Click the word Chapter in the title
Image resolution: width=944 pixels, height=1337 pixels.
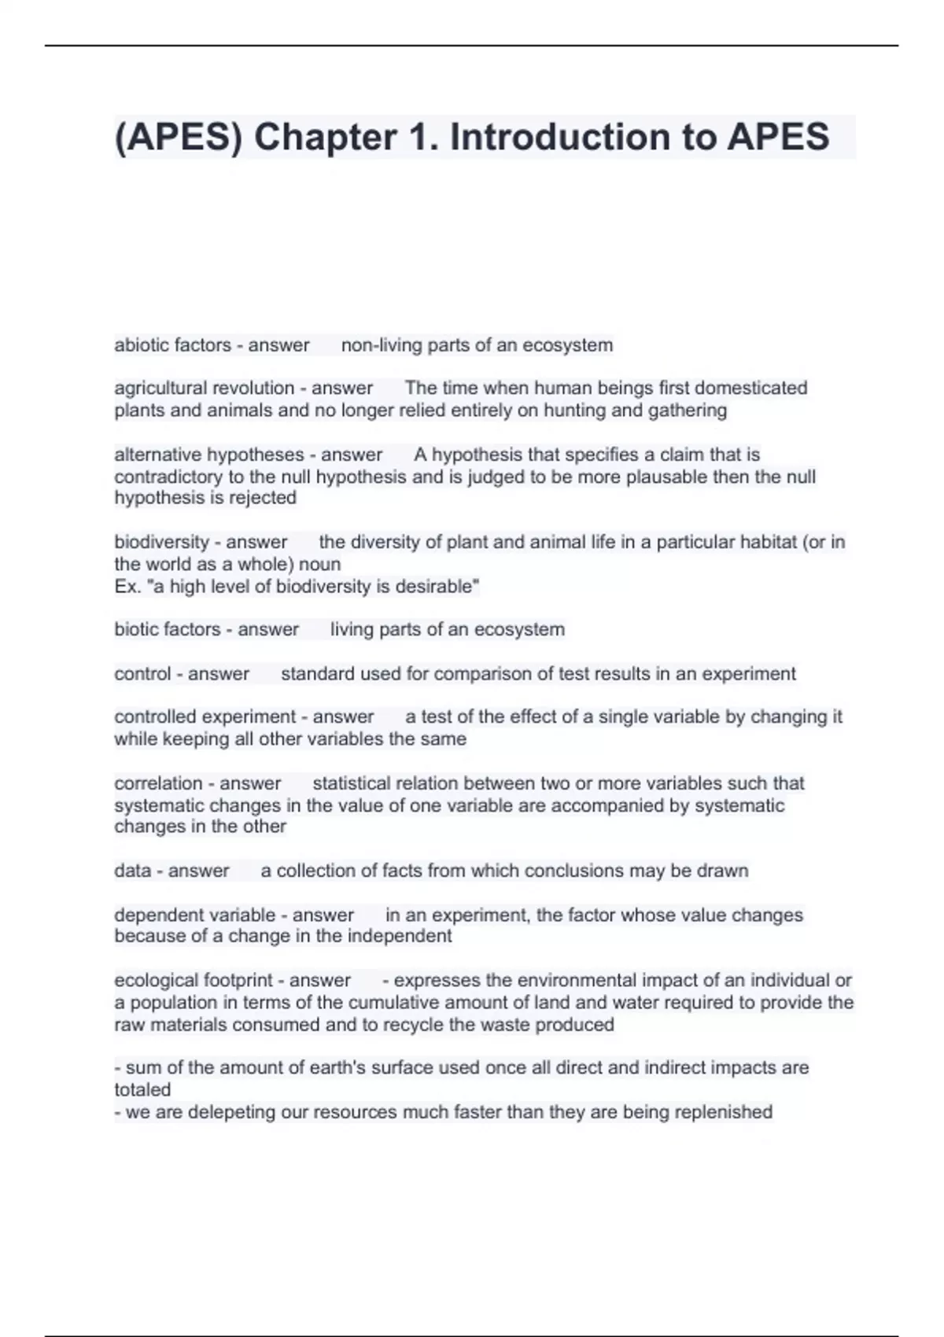click(326, 138)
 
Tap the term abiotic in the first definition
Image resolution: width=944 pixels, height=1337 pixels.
click(141, 345)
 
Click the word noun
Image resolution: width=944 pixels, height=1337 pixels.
click(320, 565)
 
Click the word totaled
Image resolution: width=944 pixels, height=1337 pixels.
click(142, 1090)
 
